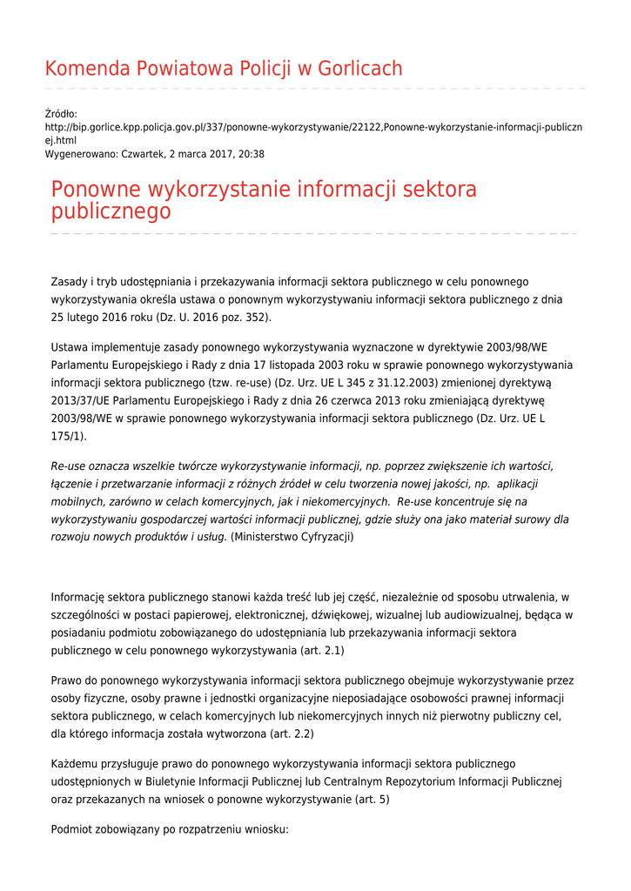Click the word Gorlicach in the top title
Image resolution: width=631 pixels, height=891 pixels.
point(360,69)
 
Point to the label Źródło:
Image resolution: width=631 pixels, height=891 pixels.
point(61,114)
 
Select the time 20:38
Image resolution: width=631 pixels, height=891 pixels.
point(251,154)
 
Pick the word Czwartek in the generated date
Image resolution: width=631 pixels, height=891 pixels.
point(145,154)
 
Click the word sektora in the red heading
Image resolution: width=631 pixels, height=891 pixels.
point(440,189)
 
